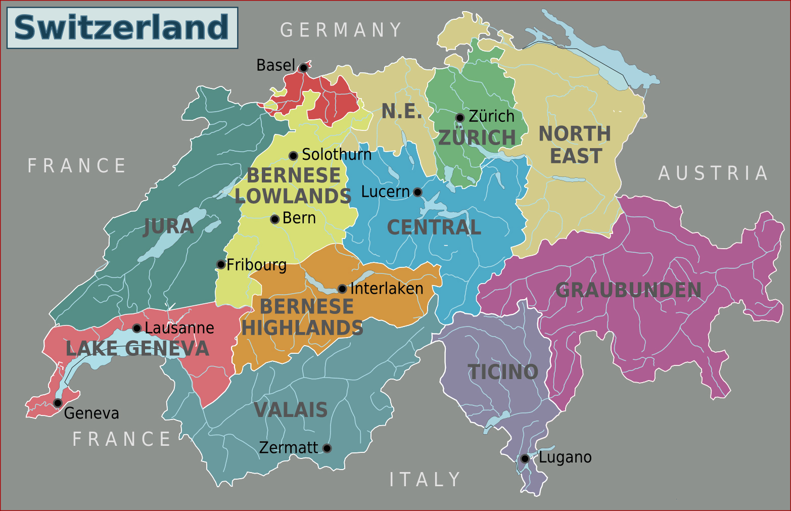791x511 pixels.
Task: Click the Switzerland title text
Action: [121, 27]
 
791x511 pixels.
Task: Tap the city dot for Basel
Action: [303, 68]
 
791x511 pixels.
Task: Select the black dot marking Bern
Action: [274, 219]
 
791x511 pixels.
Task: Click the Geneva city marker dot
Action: [58, 403]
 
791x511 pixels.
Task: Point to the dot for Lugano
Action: [525, 458]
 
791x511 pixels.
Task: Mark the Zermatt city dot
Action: [327, 448]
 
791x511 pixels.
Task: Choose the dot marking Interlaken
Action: [342, 289]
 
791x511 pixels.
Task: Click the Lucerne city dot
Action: [417, 192]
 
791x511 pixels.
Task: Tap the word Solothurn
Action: [337, 155]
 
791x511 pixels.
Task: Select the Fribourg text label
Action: [256, 265]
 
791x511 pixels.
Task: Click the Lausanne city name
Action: [179, 328]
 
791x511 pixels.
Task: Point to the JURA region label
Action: [169, 226]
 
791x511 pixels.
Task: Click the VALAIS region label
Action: [291, 410]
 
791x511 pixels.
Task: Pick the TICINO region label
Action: [503, 373]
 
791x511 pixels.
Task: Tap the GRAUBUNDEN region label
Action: [628, 291]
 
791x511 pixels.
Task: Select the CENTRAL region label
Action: [434, 228]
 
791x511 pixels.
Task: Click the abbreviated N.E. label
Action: [402, 112]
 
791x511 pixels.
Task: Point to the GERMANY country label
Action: [341, 30]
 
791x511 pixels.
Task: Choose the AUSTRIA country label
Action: [713, 173]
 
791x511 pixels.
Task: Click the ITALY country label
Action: [425, 480]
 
